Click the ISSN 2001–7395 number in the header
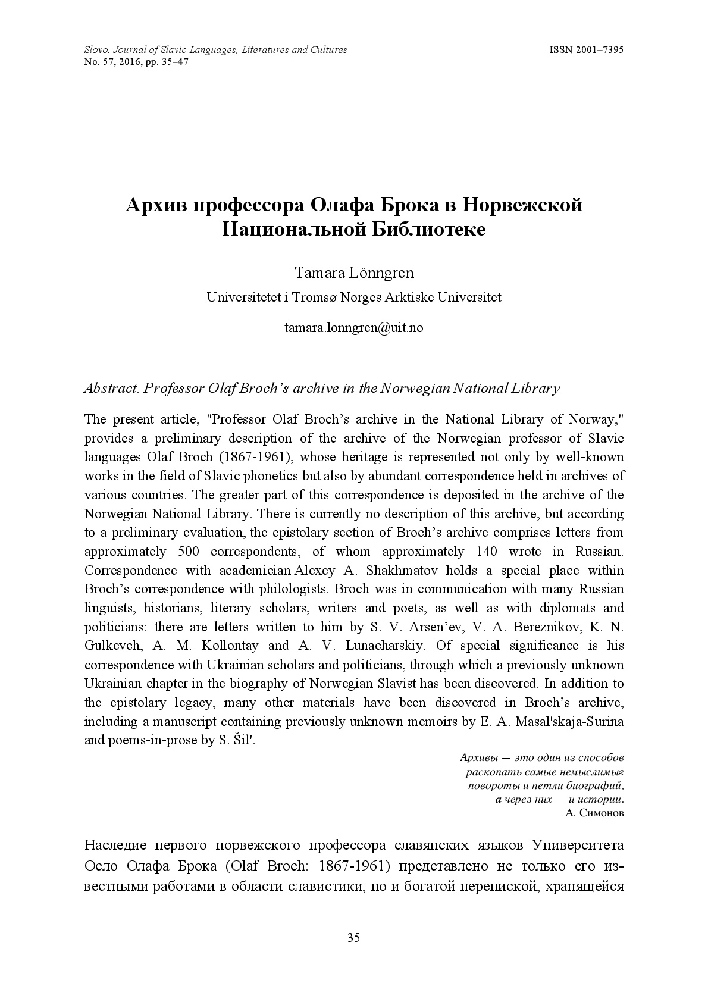[585, 50]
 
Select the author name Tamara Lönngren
[354, 273]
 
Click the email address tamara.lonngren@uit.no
[353, 327]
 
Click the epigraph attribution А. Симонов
[593, 813]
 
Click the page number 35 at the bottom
[353, 938]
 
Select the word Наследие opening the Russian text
[115, 846]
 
